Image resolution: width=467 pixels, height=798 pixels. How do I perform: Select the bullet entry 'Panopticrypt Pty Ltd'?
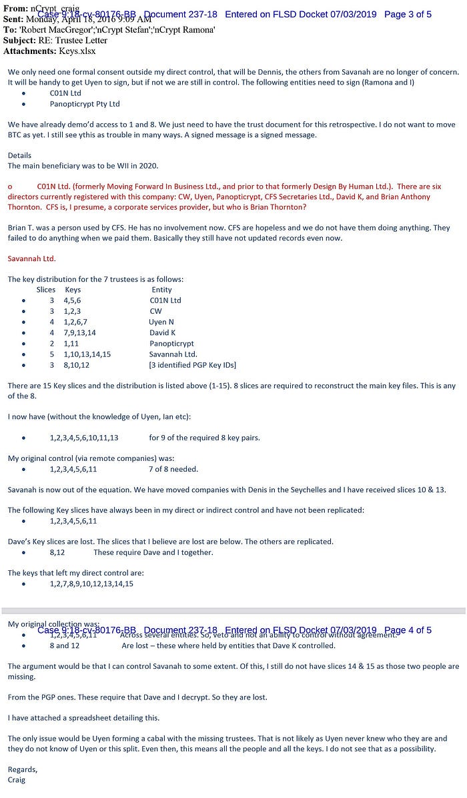pos(84,104)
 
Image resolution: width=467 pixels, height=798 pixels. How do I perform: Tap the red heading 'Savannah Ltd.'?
pos(31,258)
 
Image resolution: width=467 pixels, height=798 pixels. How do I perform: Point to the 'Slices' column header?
pos(46,290)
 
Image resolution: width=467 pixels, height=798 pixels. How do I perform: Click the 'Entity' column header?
pos(161,290)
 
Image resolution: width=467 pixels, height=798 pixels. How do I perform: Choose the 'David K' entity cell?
pos(163,332)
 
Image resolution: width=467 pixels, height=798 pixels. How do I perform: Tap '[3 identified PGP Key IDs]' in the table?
pos(192,365)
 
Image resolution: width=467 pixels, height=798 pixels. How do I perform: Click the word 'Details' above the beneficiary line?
pos(19,155)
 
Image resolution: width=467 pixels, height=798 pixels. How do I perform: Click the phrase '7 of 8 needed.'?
pos(173,469)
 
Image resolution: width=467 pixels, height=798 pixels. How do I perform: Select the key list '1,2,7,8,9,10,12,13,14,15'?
pos(91,584)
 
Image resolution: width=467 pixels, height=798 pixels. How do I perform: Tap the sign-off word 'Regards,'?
pos(23,769)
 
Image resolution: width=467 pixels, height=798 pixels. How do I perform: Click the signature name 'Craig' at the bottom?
pos(17,779)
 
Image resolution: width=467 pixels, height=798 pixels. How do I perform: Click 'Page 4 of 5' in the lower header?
pos(408,630)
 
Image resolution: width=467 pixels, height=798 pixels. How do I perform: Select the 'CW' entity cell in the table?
pos(155,311)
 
